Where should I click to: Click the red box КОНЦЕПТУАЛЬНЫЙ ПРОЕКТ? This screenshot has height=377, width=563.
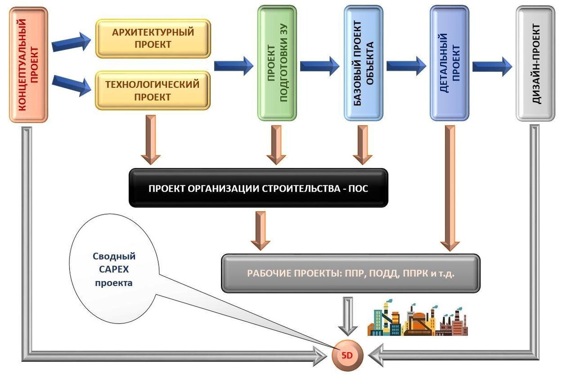pyautogui.click(x=29, y=65)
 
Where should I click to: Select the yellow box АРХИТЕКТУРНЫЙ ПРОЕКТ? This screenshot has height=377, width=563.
pyautogui.click(x=152, y=38)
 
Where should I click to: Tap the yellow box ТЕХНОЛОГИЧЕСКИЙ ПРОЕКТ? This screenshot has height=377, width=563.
pyautogui.click(x=152, y=90)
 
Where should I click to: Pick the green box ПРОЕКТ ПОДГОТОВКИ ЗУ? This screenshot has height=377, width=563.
pyautogui.click(x=277, y=63)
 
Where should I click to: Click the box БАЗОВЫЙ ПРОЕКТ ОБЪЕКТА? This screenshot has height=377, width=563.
pyautogui.click(x=363, y=63)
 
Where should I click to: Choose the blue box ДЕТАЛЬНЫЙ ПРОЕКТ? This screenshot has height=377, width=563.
pyautogui.click(x=449, y=63)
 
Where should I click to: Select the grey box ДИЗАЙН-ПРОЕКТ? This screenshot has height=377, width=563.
pyautogui.click(x=535, y=63)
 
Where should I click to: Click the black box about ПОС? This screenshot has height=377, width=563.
pyautogui.click(x=259, y=188)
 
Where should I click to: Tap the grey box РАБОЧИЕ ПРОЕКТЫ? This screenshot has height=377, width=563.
pyautogui.click(x=350, y=274)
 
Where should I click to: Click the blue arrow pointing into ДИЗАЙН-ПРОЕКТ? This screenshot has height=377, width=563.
pyautogui.click(x=492, y=66)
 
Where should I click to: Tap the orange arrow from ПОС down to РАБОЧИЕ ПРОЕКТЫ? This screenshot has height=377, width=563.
pyautogui.click(x=260, y=230)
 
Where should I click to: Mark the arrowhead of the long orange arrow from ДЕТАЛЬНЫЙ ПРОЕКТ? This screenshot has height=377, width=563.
pyautogui.click(x=450, y=245)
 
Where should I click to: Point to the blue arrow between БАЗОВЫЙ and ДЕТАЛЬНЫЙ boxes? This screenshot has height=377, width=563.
pyautogui.click(x=406, y=66)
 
